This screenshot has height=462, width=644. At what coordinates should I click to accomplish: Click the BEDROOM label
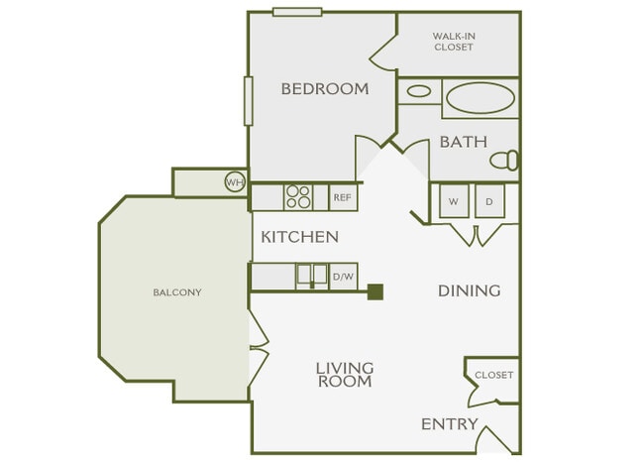324,89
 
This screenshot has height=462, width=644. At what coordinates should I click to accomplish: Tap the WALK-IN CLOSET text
453,41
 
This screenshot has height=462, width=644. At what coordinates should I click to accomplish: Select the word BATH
463,142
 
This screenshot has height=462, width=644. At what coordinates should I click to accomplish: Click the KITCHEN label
299,238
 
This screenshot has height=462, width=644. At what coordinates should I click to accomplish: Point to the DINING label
469,290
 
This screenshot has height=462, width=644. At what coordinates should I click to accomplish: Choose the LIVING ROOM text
344,375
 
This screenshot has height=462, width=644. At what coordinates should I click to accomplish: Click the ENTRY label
449,424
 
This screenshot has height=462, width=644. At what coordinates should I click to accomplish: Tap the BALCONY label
177,292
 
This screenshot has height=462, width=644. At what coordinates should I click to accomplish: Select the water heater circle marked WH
235,182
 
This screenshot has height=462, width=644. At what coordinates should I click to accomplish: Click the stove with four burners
298,197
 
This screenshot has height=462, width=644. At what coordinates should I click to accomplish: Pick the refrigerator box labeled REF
343,197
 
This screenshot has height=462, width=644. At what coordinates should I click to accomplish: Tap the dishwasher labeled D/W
343,277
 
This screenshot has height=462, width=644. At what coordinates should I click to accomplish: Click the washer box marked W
453,201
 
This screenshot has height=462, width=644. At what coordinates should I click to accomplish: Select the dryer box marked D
489,201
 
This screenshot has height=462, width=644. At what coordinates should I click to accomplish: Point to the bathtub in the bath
481,98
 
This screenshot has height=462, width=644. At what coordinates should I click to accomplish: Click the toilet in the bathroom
506,160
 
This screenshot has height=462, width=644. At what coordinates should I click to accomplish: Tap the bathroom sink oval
419,91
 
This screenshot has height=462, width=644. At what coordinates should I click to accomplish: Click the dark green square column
376,291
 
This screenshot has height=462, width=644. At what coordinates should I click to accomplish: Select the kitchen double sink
313,276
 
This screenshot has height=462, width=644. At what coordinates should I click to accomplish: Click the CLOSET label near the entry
493,375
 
